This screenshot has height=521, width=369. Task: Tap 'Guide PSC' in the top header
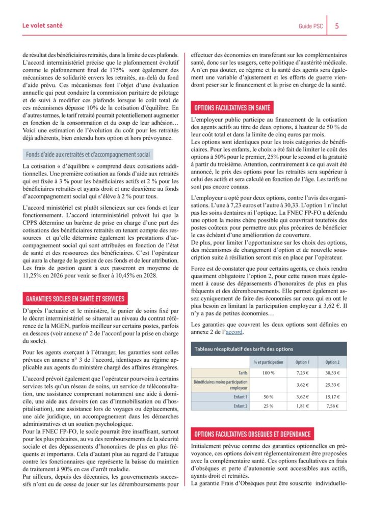(310, 26)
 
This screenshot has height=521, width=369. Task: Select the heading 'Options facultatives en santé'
(233, 108)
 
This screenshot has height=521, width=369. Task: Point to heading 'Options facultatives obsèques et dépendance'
(252, 434)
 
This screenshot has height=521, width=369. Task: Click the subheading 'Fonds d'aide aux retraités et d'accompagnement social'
(87, 155)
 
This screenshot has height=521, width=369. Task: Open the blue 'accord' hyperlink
(234, 332)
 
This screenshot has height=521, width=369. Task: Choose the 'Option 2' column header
(332, 362)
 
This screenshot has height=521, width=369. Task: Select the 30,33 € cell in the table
(332, 373)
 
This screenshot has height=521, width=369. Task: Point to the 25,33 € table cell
(332, 384)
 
